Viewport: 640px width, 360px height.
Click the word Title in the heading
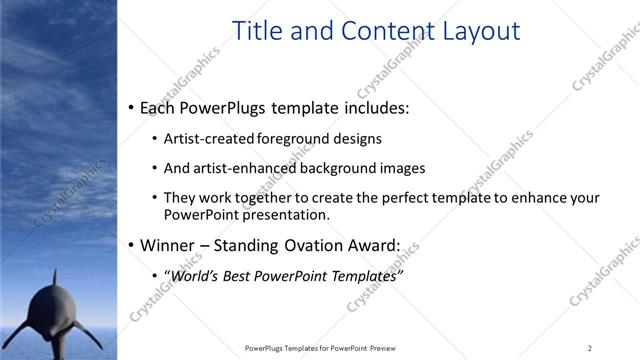point(255,31)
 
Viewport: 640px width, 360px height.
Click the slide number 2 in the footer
point(590,348)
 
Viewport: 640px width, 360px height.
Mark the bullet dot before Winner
point(132,245)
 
